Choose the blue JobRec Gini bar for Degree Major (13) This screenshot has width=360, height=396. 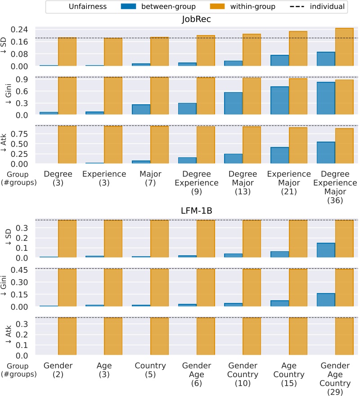[234, 104]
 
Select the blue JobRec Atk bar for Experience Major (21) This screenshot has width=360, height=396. [279, 156]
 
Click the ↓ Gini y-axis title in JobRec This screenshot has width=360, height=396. [5, 96]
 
